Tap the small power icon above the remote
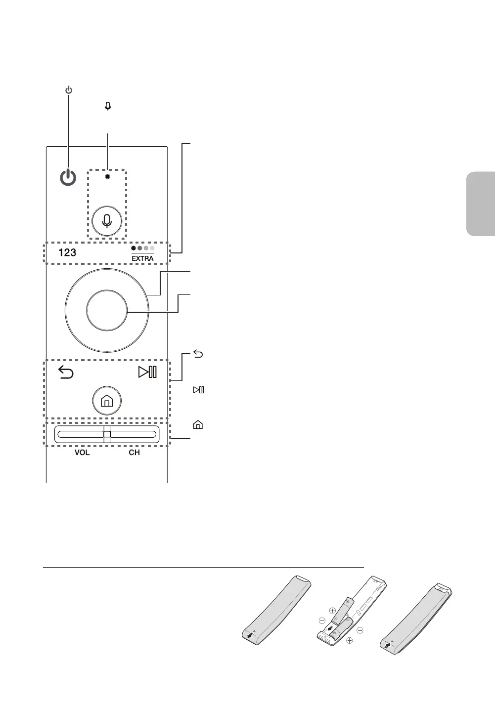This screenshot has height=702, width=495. (x=68, y=90)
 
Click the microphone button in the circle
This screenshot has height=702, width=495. (x=107, y=221)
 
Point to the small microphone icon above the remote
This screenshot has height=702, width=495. (x=107, y=106)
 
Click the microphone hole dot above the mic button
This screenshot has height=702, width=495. (x=107, y=176)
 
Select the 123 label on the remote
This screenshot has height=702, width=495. (x=67, y=252)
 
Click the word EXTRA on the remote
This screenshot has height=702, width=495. (x=142, y=258)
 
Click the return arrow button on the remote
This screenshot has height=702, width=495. (x=66, y=372)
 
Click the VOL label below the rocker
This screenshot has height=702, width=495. (x=82, y=453)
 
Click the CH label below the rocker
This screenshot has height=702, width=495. (x=134, y=453)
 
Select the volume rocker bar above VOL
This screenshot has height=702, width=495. (x=79, y=435)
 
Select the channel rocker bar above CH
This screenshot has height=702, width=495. (x=134, y=435)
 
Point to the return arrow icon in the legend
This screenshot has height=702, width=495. (x=198, y=354)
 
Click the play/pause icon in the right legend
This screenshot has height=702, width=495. (x=198, y=390)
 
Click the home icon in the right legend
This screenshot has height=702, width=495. (x=198, y=425)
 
